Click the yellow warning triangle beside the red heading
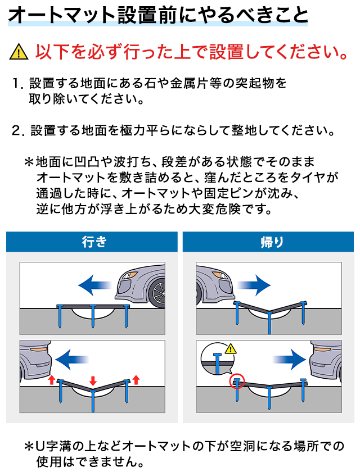tap(19, 52)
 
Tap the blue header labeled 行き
tap(92, 242)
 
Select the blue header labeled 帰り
tap(268, 242)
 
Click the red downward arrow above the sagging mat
tap(93, 380)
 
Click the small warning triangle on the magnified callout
tap(231, 348)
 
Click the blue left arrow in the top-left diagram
tap(94, 285)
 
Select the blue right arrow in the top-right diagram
tap(254, 285)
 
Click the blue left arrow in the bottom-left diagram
tap(71, 360)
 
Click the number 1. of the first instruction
tap(18, 84)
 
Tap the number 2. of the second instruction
tap(18, 130)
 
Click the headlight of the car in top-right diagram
tap(219, 275)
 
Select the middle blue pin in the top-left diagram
tap(93, 316)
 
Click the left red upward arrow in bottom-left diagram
tap(52, 380)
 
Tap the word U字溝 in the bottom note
tap(53, 446)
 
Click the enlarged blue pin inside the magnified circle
tap(217, 364)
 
